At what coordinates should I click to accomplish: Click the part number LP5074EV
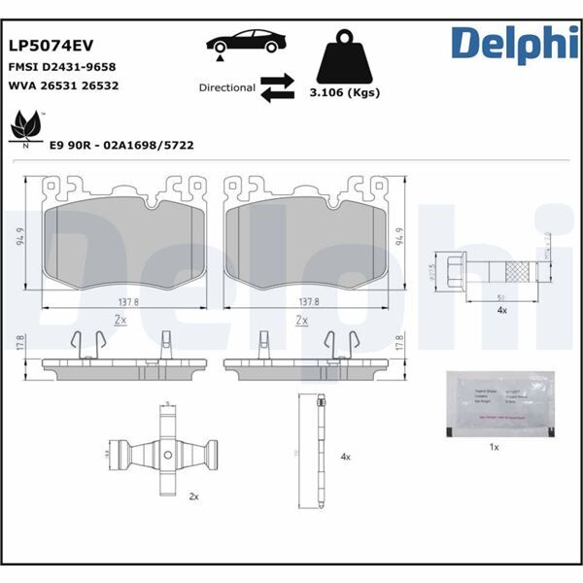click(51, 45)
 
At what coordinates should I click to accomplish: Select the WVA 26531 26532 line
click(64, 87)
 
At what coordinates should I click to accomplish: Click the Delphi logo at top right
click(508, 43)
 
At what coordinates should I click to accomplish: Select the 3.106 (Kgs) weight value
click(343, 93)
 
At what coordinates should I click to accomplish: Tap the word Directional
click(226, 87)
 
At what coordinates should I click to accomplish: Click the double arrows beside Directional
click(276, 87)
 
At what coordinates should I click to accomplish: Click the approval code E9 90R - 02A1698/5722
click(121, 145)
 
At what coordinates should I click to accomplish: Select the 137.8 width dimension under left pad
click(122, 301)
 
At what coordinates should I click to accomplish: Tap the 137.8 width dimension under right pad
click(309, 301)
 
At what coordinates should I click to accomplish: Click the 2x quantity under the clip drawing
click(193, 496)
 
